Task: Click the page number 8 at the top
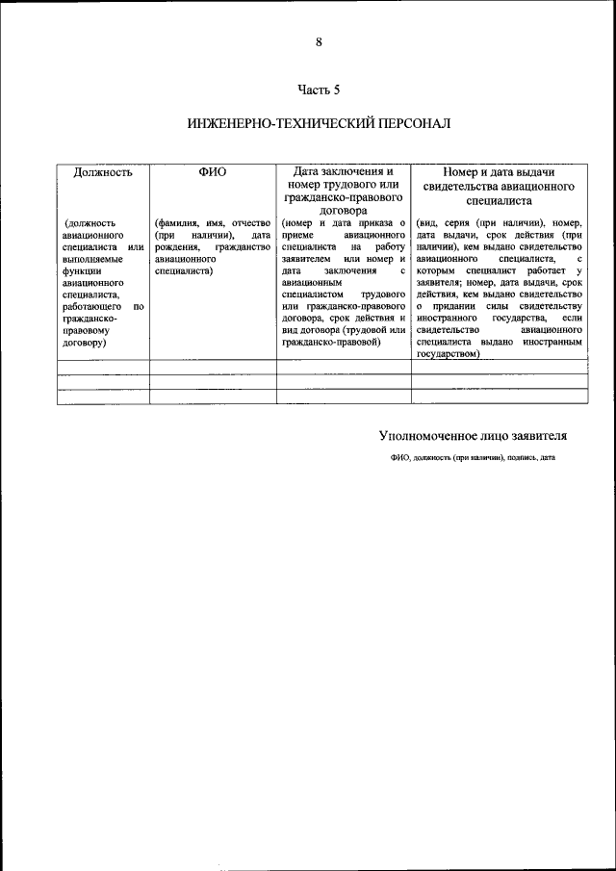319,41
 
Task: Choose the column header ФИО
212,172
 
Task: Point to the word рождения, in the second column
175,247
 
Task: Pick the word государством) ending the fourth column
449,353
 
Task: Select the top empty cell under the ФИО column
213,367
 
